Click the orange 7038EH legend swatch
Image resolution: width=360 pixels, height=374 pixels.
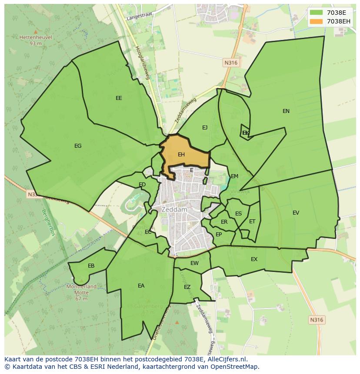click(317, 21)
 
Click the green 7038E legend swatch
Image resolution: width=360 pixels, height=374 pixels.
click(317, 13)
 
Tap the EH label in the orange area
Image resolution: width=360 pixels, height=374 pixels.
click(181, 155)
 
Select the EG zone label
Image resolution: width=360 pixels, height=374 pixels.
click(78, 146)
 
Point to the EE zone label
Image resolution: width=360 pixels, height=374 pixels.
click(119, 98)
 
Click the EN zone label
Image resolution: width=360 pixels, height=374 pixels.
click(286, 111)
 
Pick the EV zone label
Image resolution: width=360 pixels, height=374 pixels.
click(296, 213)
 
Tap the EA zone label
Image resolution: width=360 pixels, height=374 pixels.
click(141, 286)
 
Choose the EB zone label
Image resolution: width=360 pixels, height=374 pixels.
click(91, 266)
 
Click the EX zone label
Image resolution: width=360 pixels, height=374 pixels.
click(254, 259)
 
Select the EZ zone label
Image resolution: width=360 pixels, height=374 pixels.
click(187, 287)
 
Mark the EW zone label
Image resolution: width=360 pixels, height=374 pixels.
click(194, 263)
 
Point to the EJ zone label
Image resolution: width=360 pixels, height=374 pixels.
click(205, 128)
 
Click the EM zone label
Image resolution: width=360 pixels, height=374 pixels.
click(234, 176)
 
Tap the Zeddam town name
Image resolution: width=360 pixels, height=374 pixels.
click(174, 209)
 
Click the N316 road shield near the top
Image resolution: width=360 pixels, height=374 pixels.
click(231, 63)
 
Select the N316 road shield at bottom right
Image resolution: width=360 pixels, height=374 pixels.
click(317, 320)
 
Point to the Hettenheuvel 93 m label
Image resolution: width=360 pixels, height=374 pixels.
click(36, 40)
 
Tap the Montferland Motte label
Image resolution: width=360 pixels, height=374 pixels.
click(81, 290)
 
